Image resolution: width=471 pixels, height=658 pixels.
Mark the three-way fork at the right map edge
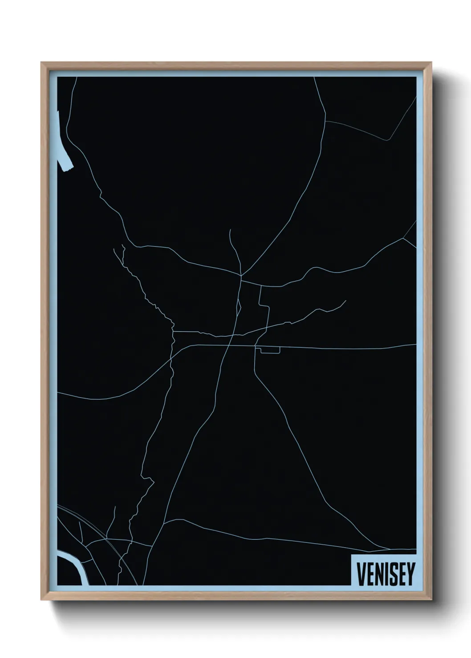tap(403, 238)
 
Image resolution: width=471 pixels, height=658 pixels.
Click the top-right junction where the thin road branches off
tap(325, 121)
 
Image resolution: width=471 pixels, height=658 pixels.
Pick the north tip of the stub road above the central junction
tap(230, 230)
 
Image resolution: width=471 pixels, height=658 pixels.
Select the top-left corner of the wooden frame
tap(41, 63)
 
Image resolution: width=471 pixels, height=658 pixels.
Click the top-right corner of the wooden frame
tap(430, 63)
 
